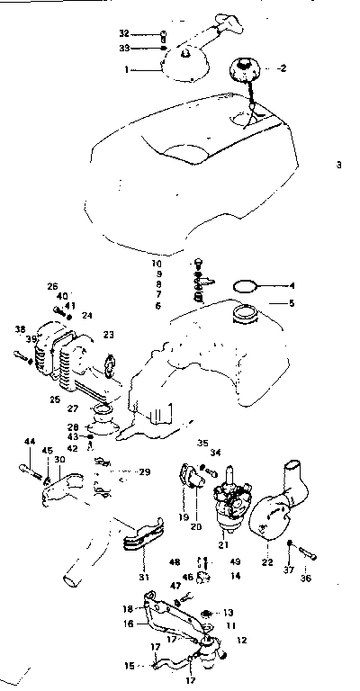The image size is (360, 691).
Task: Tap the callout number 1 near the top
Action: (126, 67)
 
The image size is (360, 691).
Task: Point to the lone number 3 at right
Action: (339, 165)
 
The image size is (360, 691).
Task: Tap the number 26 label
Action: (52, 287)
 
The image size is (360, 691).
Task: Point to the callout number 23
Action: (109, 334)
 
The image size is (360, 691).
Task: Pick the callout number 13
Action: (229, 611)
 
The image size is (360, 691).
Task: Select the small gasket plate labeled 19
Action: (188, 475)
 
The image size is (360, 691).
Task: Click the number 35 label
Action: (202, 443)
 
